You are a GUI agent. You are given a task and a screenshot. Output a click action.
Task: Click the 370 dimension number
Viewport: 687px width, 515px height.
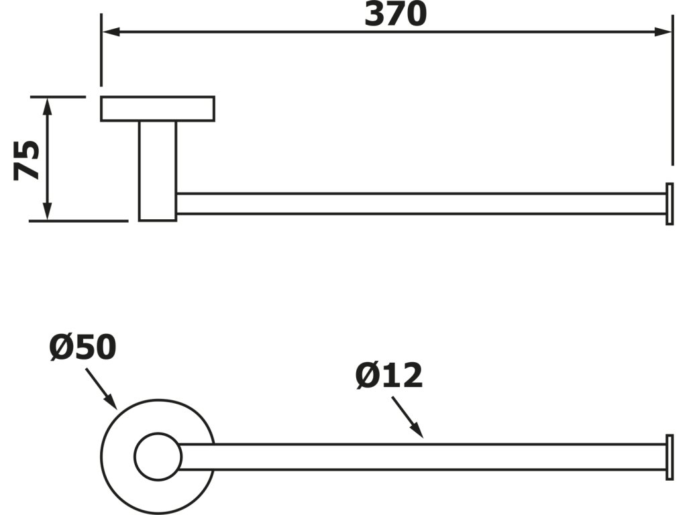click(x=395, y=14)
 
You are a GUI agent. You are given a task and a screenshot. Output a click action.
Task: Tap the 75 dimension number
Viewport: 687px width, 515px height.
click(x=28, y=160)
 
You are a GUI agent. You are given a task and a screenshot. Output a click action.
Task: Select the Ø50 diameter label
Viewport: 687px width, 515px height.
click(x=83, y=347)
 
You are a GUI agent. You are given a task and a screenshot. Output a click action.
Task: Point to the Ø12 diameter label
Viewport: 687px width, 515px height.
click(x=389, y=376)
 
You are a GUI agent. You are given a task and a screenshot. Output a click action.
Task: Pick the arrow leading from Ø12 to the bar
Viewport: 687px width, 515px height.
click(x=407, y=416)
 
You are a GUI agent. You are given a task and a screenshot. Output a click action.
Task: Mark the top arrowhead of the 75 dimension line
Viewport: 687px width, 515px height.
click(x=48, y=104)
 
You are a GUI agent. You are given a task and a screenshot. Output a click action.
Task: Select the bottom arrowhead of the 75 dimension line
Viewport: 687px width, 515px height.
click(x=48, y=213)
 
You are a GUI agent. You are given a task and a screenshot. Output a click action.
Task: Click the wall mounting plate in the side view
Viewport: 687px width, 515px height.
click(x=158, y=109)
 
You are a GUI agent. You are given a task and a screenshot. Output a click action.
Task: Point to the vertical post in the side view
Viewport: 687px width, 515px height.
click(x=158, y=170)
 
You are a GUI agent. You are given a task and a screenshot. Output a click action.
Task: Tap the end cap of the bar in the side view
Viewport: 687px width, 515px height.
click(x=669, y=203)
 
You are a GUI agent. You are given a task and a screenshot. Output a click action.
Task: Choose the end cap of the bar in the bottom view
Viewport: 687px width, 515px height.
click(x=669, y=457)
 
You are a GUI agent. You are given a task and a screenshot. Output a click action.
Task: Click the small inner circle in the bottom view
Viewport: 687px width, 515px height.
click(x=158, y=457)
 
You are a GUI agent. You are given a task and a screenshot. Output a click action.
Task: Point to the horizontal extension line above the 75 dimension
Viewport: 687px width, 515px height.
click(x=58, y=97)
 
